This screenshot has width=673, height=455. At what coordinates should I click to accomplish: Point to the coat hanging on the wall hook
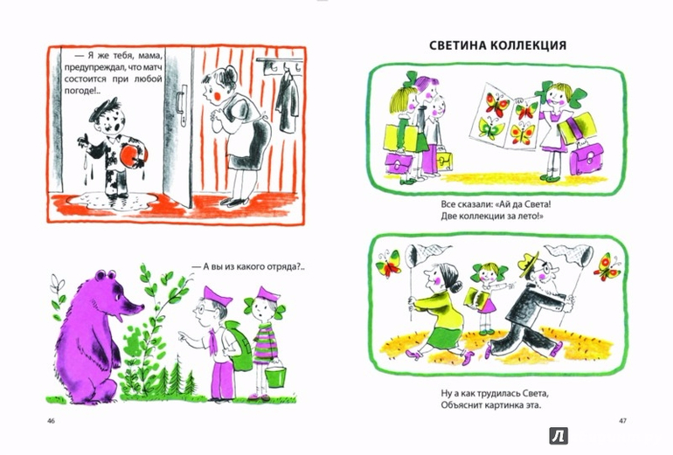click(x=288, y=103)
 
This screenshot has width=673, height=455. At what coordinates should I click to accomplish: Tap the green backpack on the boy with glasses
click(x=238, y=346)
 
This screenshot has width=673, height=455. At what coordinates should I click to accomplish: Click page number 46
click(x=51, y=421)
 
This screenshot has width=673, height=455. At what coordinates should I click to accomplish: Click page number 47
click(x=622, y=421)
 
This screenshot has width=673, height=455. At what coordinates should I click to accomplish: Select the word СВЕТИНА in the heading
click(x=457, y=45)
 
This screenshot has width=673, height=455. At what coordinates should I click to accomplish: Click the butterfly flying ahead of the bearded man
click(x=607, y=266)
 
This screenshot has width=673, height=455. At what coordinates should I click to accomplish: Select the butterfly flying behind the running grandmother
click(x=388, y=263)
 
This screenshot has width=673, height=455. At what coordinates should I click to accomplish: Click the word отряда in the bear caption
click(x=284, y=266)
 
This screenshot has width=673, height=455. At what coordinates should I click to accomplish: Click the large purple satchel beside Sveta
click(x=586, y=160)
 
